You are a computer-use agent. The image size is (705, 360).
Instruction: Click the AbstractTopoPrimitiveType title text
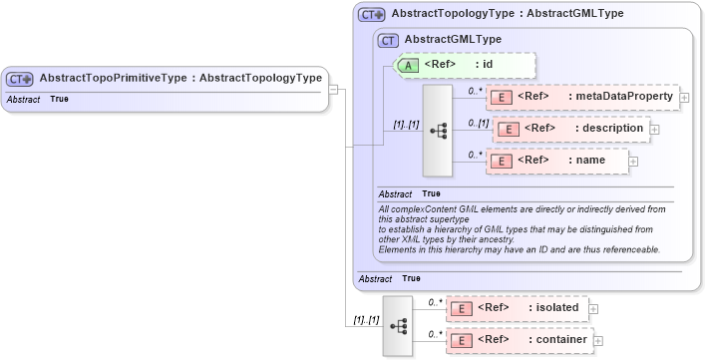179,78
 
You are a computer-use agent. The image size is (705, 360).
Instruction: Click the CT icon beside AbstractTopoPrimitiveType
20,78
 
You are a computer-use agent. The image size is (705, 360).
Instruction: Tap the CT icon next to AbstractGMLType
388,40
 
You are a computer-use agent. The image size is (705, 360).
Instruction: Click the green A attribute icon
409,65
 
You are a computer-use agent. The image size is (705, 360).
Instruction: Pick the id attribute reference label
468,65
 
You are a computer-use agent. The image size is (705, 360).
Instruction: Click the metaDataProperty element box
581,97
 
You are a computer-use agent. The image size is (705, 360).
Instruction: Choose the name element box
555,161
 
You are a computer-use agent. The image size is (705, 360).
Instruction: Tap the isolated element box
517,308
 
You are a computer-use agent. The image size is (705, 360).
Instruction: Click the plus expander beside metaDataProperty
685,98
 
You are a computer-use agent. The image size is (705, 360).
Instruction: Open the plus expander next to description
654,129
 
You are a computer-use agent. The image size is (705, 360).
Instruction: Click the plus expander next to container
598,341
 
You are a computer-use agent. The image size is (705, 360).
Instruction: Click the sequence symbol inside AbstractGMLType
438,130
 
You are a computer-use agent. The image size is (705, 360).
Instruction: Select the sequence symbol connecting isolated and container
398,325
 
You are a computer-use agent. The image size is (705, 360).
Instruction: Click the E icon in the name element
504,161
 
